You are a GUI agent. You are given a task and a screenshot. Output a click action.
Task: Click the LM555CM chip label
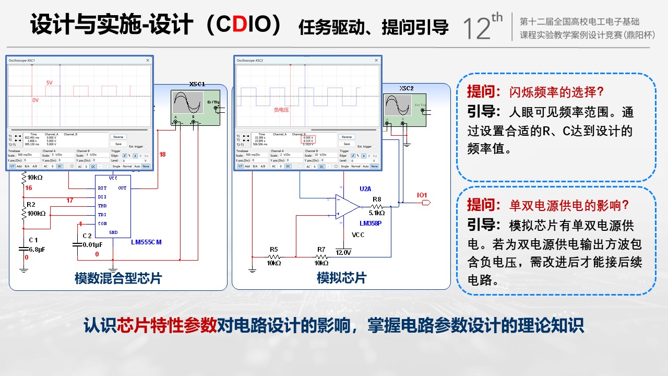point(146,242)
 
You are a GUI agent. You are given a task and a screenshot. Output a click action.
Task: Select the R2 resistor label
point(31,204)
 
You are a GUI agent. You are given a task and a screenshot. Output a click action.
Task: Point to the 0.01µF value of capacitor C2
point(92,244)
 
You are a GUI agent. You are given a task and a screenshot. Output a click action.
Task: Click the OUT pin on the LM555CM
point(122,188)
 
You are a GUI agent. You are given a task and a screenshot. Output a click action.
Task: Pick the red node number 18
point(162,155)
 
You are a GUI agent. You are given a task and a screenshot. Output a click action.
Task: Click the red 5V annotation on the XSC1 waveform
point(49,83)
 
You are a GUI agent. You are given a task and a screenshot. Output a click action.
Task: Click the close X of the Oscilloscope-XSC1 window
point(148,61)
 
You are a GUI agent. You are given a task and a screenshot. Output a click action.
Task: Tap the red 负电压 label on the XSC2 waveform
point(282,110)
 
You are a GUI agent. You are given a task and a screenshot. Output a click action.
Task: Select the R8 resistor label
point(377,199)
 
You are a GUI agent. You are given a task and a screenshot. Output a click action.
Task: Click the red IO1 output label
point(422,195)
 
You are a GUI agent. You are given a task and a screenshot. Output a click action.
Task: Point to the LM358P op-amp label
point(371,223)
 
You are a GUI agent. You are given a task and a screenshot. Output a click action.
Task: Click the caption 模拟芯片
point(341,278)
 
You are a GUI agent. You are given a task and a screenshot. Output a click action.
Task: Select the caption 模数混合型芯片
point(118,278)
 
